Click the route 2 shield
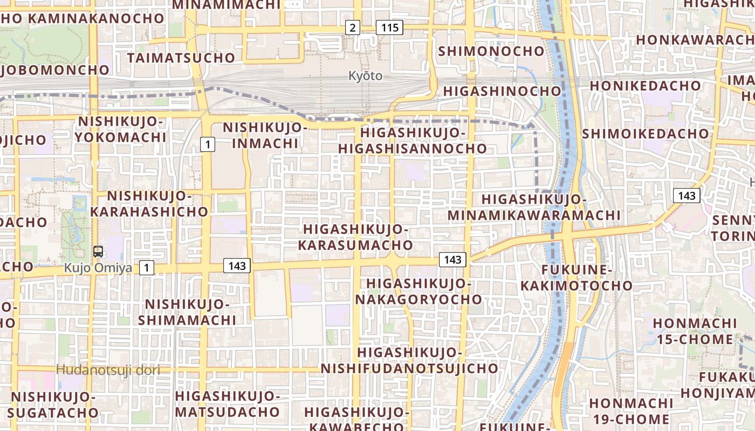pos(352,27)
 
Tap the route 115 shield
pos(389,27)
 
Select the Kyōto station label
pos(365,76)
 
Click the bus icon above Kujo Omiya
pos(98,251)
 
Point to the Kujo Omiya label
pos(98,268)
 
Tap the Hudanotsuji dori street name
pos(108,370)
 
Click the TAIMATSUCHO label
pos(181,58)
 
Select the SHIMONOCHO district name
pos(492,51)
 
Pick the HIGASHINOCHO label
pos(502,91)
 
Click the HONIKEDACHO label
pos(645,86)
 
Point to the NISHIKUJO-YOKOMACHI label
pos(120,129)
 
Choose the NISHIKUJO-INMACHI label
pos(265,135)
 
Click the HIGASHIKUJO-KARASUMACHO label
pos(355,237)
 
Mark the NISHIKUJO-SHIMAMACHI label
pos(187,312)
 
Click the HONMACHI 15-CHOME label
pos(695,331)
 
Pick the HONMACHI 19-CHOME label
pos(630,411)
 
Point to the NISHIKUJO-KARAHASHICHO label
pos(149,204)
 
